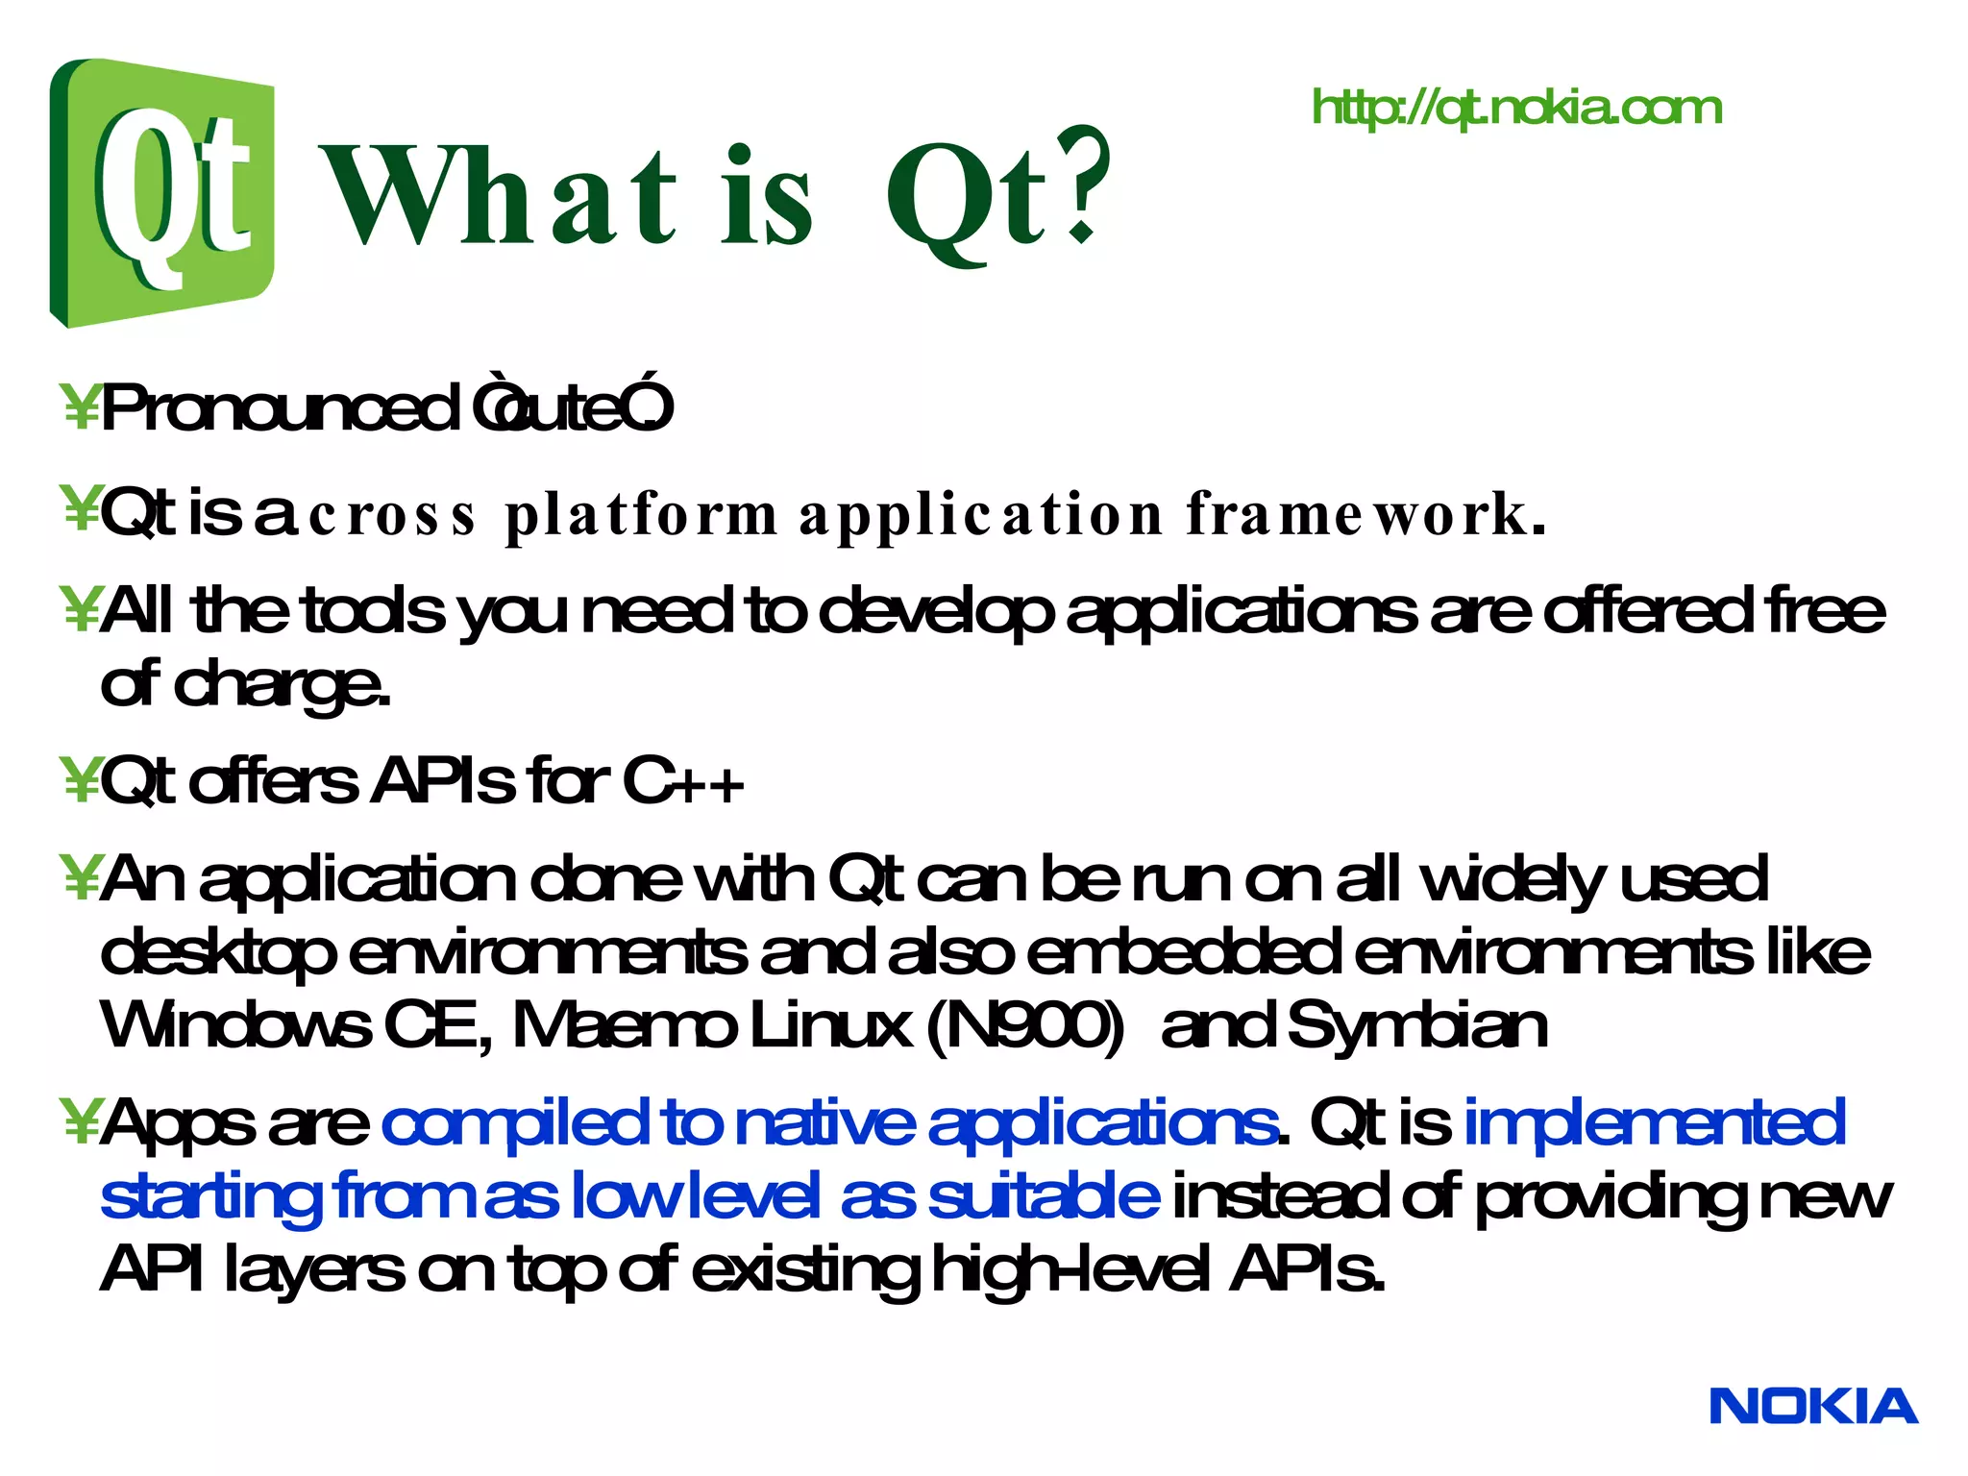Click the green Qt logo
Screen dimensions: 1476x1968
tap(161, 192)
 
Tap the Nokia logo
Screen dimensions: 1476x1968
tap(1812, 1407)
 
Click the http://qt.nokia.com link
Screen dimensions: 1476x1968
tap(1516, 108)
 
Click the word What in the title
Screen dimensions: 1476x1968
tap(500, 197)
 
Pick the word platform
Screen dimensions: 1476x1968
tap(641, 516)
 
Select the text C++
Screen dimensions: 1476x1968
tap(682, 781)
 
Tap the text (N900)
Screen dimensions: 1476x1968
tap(1024, 1025)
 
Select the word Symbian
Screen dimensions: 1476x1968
tap(1416, 1025)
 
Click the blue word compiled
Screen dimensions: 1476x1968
tap(514, 1122)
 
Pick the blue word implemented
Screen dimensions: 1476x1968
tap(1653, 1122)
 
